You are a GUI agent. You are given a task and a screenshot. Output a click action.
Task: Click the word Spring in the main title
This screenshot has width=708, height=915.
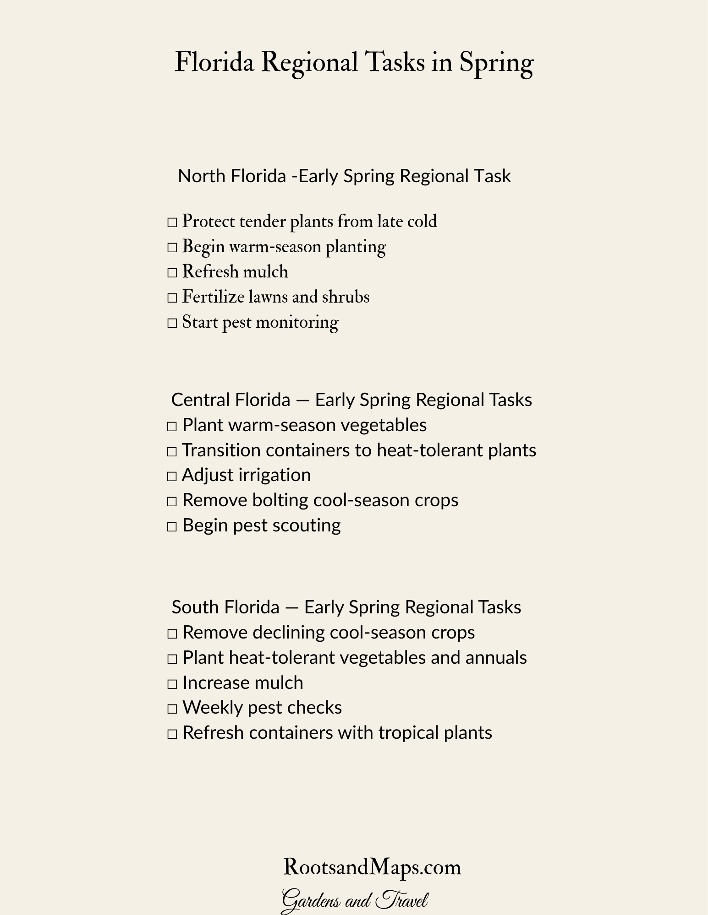(496, 63)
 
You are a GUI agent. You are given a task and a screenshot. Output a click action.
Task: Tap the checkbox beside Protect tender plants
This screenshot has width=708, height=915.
(172, 223)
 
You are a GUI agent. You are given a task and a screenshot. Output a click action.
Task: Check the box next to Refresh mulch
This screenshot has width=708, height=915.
(172, 273)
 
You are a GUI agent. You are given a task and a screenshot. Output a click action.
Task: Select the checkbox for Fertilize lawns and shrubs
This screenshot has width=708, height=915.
(172, 298)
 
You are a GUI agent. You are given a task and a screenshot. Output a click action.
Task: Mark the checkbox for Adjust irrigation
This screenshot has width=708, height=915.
(172, 476)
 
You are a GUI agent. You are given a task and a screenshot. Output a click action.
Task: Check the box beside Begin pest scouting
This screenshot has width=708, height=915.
(172, 527)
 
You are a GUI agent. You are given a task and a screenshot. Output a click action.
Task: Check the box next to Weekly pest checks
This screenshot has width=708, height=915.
(172, 709)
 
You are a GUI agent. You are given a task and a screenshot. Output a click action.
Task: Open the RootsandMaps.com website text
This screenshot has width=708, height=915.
(372, 867)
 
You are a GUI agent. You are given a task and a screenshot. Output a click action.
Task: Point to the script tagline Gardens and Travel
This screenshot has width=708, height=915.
(354, 900)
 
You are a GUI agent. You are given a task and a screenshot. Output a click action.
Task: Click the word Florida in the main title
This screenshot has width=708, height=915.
(214, 63)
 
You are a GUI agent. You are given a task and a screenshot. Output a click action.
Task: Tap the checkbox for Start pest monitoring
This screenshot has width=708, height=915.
(172, 324)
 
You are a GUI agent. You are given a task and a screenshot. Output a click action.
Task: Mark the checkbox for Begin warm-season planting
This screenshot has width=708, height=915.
(172, 248)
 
